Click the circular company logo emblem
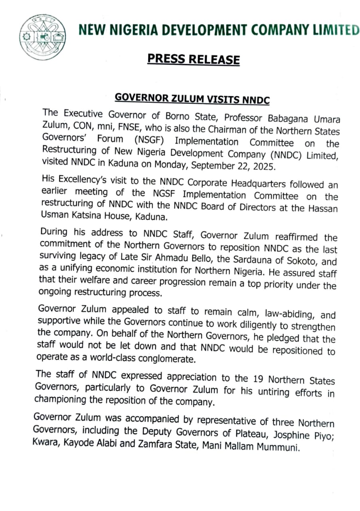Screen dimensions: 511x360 pos(43,38)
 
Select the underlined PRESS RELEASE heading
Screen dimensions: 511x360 pos(194,59)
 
